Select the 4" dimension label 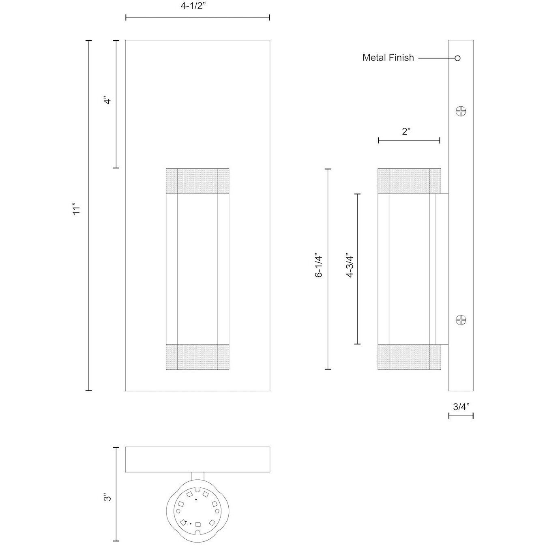tap(107, 101)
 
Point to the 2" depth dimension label tap(406, 131)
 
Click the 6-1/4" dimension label tap(319, 266)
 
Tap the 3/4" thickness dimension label tap(461, 407)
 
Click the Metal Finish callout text tap(388, 58)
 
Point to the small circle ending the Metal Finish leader tap(457, 58)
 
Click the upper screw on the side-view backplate tap(461, 110)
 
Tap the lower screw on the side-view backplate tap(461, 320)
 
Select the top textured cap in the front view tap(197, 181)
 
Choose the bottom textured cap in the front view tap(197, 357)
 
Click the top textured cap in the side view tap(409, 181)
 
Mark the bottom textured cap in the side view tap(409, 357)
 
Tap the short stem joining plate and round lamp tap(197, 476)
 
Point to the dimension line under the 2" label tap(409, 140)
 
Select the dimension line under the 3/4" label tap(461, 416)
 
